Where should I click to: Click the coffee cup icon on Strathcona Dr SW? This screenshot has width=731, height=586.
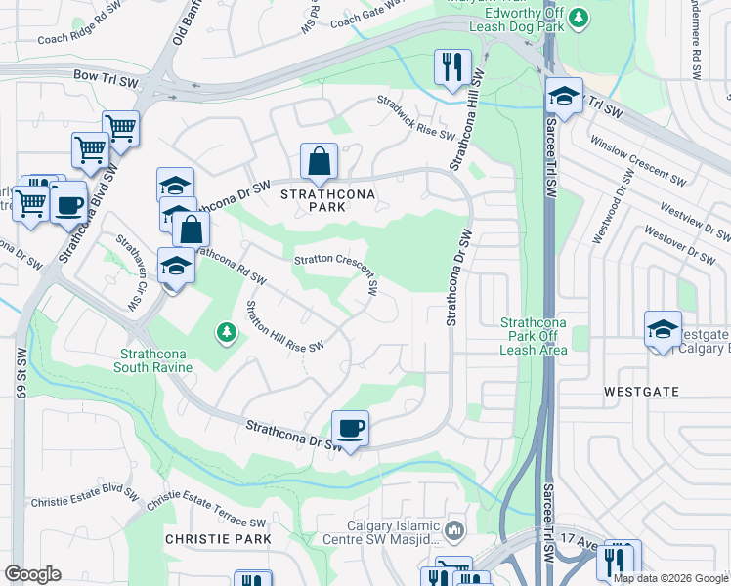click(350, 428)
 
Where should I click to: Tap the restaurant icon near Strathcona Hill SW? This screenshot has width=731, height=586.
click(451, 67)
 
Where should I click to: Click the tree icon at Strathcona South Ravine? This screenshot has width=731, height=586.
click(227, 334)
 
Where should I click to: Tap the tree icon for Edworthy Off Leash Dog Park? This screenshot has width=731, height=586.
click(579, 17)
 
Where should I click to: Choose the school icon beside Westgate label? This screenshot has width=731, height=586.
click(663, 329)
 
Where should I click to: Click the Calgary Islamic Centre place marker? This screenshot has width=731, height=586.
click(453, 530)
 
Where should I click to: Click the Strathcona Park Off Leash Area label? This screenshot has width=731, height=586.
click(534, 336)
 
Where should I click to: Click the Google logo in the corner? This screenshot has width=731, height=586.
click(33, 574)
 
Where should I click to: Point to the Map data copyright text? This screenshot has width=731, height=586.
click(671, 578)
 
